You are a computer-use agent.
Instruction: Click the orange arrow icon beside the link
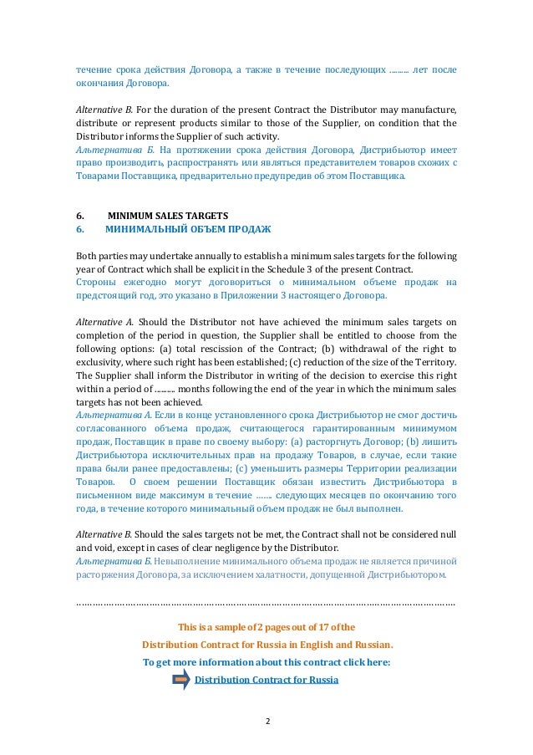181,680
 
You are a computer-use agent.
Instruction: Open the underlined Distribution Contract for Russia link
266,680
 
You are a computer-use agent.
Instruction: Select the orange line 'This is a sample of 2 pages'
266,627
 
